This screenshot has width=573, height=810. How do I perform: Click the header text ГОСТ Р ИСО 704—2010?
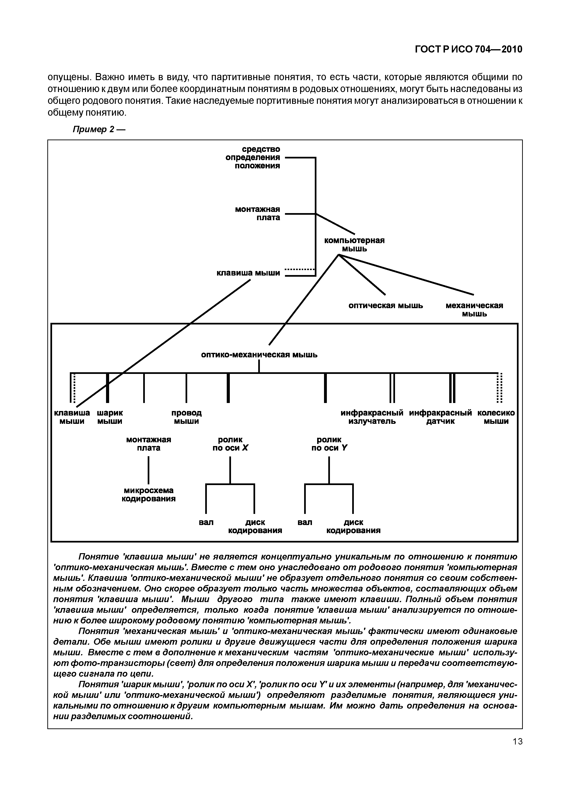468,49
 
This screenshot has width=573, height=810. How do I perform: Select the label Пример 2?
99,129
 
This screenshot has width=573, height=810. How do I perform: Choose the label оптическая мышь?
386,306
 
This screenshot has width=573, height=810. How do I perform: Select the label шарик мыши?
110,417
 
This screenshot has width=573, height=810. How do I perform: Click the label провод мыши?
187,417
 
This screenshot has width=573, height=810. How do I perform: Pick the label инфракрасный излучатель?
372,417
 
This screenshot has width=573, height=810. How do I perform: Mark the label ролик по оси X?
230,444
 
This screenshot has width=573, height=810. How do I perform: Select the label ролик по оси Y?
329,444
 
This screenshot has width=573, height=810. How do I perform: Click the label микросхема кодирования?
149,495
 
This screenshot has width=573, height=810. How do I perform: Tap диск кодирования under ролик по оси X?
255,526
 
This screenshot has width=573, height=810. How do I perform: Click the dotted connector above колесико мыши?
499,387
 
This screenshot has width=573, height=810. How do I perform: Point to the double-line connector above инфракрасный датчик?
452,387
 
